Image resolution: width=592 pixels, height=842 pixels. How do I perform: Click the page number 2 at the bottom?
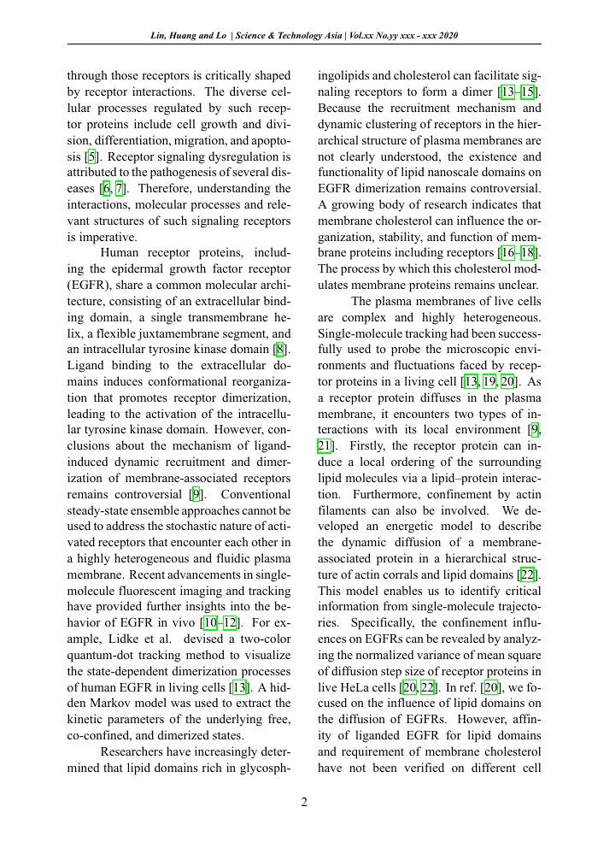(303, 802)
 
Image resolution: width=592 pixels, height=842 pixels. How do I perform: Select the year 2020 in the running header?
(447, 36)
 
